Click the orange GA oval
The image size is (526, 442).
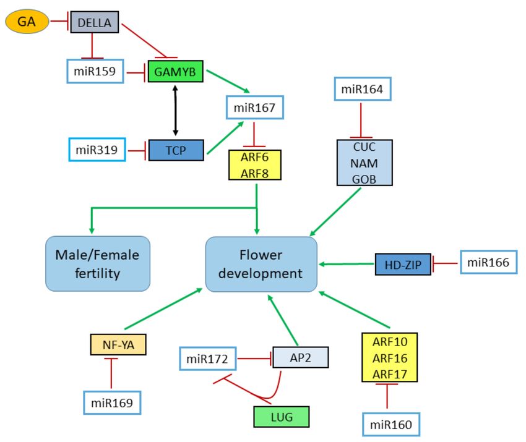click(x=27, y=22)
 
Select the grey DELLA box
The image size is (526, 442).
click(x=95, y=22)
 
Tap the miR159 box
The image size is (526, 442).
click(x=95, y=71)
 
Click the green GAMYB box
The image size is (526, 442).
click(x=176, y=71)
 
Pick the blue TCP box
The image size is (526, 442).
click(x=176, y=150)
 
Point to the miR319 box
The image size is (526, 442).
click(x=97, y=150)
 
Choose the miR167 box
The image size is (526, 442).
click(x=255, y=107)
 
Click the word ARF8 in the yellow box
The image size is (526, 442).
click(x=254, y=173)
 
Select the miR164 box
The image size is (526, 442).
click(x=363, y=89)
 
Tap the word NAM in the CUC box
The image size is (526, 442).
click(x=364, y=163)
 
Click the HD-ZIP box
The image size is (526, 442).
click(x=403, y=265)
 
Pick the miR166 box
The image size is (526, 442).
click(x=488, y=262)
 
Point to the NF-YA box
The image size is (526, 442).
click(x=118, y=344)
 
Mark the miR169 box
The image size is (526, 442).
click(x=112, y=402)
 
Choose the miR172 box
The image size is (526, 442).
click(x=208, y=359)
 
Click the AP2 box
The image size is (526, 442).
click(x=301, y=357)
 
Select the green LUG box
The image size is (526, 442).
click(x=282, y=417)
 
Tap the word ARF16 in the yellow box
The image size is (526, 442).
click(x=390, y=358)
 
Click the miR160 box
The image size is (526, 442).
click(x=391, y=425)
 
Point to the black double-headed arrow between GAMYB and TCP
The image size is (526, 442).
click(x=175, y=111)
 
